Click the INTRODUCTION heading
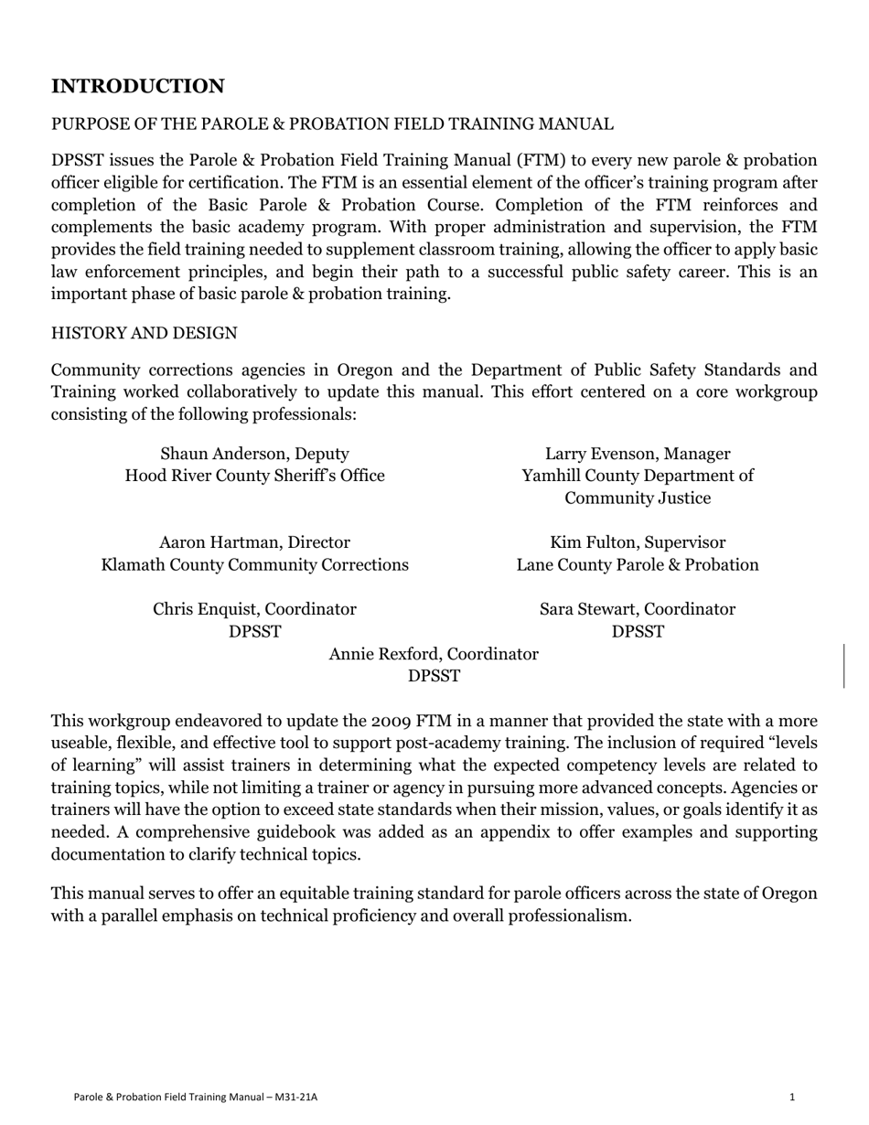click(x=137, y=87)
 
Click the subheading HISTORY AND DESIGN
click(x=144, y=334)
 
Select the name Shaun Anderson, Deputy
click(x=254, y=454)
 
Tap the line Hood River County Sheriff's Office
click(x=254, y=476)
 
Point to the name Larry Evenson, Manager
click(x=638, y=454)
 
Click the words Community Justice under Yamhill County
click(x=638, y=498)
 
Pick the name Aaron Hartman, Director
click(x=254, y=542)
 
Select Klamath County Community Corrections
click(x=254, y=565)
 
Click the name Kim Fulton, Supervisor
click(x=638, y=542)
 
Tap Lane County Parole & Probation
click(x=638, y=565)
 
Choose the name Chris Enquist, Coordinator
click(x=254, y=609)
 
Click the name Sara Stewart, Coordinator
click(x=638, y=609)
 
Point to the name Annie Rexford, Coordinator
click(x=434, y=654)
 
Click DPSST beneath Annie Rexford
click(x=434, y=677)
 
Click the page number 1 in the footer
click(x=792, y=1097)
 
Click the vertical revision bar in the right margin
click(x=843, y=665)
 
